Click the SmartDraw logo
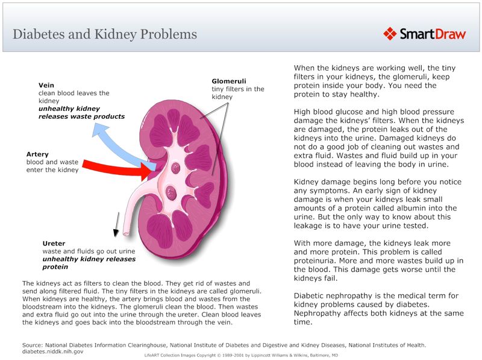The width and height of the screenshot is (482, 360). click(x=425, y=34)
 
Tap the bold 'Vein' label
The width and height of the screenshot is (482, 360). click(x=46, y=85)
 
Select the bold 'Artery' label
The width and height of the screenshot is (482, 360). click(x=37, y=154)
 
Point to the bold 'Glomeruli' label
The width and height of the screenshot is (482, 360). click(x=229, y=81)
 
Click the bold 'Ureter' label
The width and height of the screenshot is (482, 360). click(x=54, y=244)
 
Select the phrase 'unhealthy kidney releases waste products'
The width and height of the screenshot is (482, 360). click(x=81, y=113)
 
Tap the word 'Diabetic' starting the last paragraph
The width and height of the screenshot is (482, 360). click(x=311, y=295)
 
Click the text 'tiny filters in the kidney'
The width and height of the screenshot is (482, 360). click(x=237, y=93)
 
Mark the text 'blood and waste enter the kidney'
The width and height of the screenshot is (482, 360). click(x=52, y=166)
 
